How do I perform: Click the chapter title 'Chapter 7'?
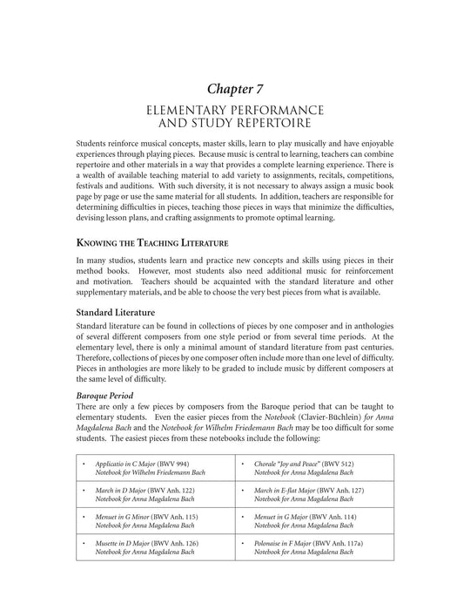click(228, 88)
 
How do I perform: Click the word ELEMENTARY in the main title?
click(198, 111)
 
